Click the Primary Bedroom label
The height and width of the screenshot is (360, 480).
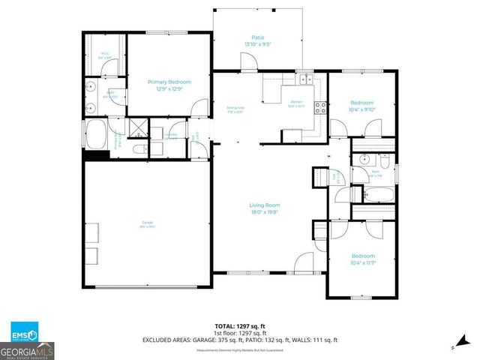[169, 82]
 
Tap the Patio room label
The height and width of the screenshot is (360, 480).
[258, 37]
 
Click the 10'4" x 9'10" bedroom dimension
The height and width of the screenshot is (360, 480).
[362, 109]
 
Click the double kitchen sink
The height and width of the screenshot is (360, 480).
[304, 79]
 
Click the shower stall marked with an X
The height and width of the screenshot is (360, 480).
[136, 127]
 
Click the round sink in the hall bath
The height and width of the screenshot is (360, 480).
[363, 159]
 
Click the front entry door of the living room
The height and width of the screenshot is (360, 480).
[303, 263]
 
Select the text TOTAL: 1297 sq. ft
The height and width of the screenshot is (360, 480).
[240, 326]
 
